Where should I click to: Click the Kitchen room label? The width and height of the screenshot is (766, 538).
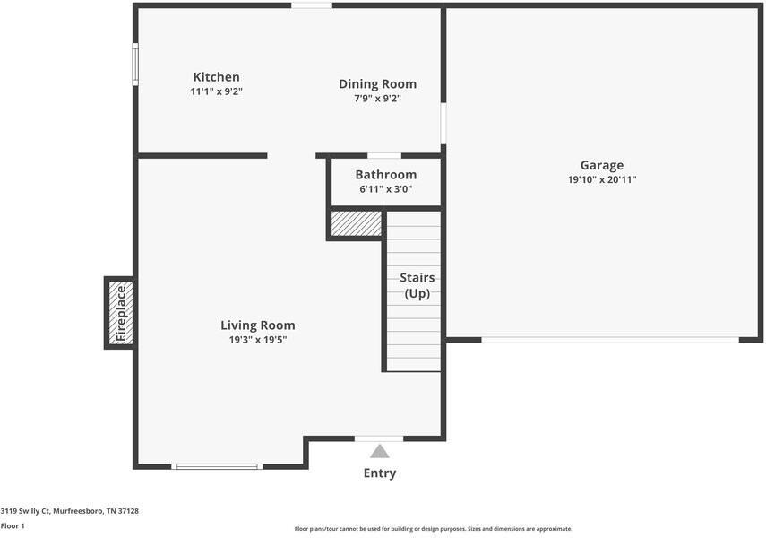pos(217,77)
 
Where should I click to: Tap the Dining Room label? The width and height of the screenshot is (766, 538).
pos(378,84)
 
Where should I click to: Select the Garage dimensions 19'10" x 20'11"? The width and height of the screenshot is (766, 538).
pos(602,179)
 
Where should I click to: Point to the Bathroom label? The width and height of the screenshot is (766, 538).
pos(386,175)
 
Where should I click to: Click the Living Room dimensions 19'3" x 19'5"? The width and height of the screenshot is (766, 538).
pos(258,340)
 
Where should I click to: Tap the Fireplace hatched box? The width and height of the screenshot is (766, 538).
pos(121,313)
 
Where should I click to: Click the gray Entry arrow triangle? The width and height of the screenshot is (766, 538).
pos(380,451)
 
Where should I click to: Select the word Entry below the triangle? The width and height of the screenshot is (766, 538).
pos(380,473)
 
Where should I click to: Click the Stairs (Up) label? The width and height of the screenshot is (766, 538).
pos(417,286)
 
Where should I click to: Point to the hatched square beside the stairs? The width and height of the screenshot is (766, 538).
pos(357,223)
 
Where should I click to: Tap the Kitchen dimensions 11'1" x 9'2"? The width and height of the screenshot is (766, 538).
pos(217,91)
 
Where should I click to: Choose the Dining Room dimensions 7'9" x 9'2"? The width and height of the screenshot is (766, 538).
pos(378,99)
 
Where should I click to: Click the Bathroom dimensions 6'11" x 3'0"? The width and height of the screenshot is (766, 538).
pos(386,189)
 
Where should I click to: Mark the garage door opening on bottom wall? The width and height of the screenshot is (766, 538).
pos(610,340)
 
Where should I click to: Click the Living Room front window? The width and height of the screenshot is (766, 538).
pos(217,466)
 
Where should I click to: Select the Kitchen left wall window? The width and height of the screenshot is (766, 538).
pos(135,64)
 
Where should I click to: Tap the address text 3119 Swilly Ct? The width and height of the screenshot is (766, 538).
pos(25,511)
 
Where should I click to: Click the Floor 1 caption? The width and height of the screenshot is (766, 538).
pos(13,525)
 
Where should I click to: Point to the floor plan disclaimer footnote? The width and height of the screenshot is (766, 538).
pos(434,529)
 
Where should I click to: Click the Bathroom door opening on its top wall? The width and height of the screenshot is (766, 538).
pos(384,155)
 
